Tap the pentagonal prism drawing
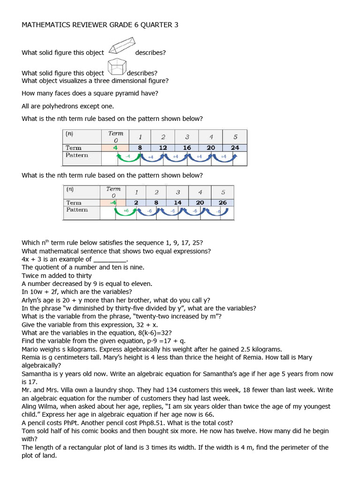(x=116, y=67)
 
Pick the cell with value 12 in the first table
(x=163, y=147)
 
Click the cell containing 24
(x=235, y=147)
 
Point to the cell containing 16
(x=187, y=147)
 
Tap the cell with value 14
(x=178, y=202)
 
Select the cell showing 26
(x=223, y=202)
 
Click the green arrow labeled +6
(x=126, y=212)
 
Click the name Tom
(x=28, y=431)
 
